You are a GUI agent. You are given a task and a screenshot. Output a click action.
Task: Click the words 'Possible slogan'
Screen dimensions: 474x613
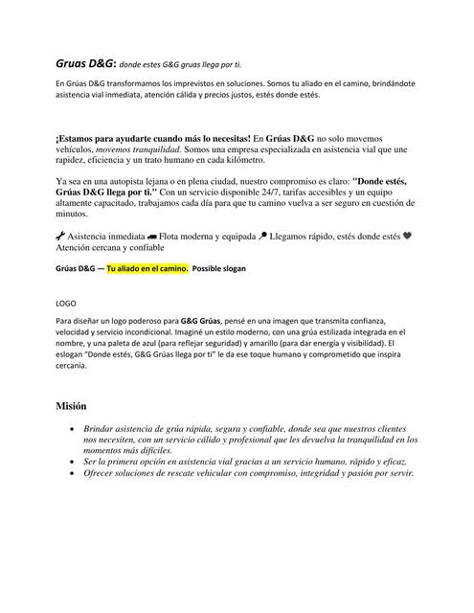pyautogui.click(x=219, y=269)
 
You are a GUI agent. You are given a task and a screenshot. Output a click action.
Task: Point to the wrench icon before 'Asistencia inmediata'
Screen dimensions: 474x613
pyautogui.click(x=61, y=235)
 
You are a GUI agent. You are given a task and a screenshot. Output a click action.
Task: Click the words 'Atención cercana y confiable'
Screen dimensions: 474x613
pyautogui.click(x=113, y=246)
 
